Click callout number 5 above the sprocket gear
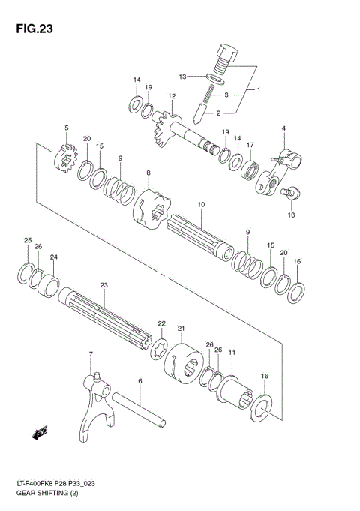tap(66, 128)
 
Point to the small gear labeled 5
tap(64, 158)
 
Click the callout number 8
tap(148, 173)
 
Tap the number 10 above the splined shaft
tap(201, 204)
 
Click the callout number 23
tap(104, 284)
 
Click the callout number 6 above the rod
tap(139, 381)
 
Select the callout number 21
tap(181, 328)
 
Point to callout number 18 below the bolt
tap(292, 215)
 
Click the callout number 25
tap(28, 240)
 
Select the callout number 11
tap(232, 352)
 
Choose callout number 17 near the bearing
tap(252, 146)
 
